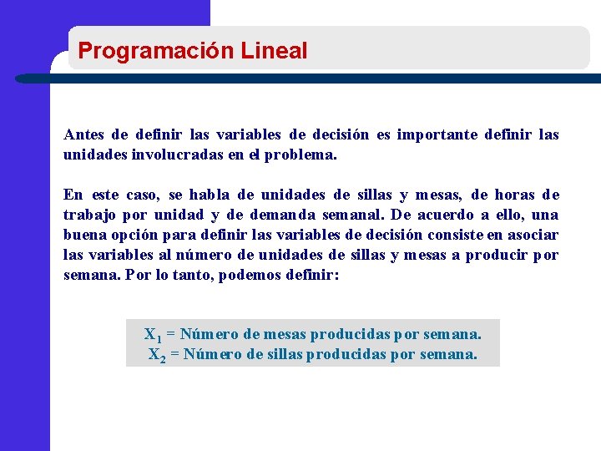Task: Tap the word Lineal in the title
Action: point(274,51)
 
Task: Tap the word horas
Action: point(516,195)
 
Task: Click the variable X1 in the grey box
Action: point(152,335)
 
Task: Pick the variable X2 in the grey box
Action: point(155,354)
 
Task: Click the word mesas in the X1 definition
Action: point(284,334)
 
